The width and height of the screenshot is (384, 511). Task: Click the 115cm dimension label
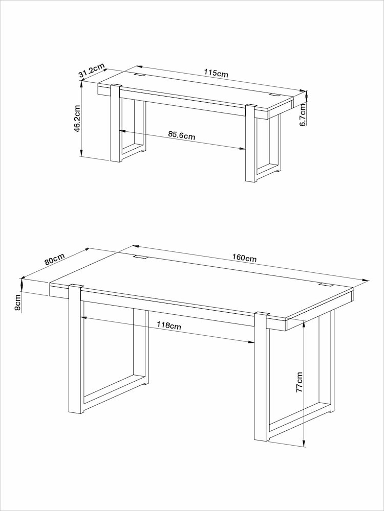tap(216, 73)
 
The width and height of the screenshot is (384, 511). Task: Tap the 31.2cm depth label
tap(92, 71)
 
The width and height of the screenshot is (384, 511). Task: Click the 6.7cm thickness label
tap(303, 115)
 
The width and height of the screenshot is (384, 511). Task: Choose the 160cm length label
tap(244, 258)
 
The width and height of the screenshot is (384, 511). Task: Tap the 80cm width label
tap(54, 259)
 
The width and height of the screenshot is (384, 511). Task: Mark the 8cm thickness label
tap(18, 302)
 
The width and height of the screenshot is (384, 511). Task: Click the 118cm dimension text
tap(168, 326)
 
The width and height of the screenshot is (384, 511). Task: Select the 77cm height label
tap(300, 382)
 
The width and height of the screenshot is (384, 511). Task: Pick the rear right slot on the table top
tap(326, 285)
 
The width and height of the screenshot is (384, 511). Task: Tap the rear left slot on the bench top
tap(139, 76)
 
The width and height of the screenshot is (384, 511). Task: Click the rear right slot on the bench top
tap(274, 95)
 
